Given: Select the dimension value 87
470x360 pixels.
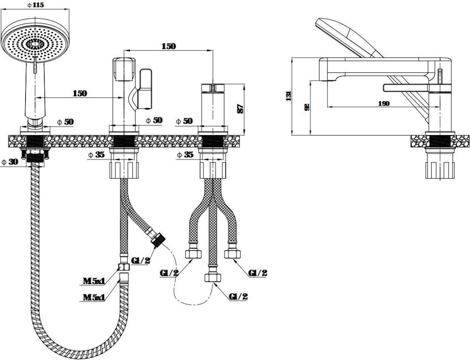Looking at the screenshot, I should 240,109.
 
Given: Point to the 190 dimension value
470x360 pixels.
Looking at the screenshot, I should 383,103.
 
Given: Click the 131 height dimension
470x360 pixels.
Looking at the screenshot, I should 288,96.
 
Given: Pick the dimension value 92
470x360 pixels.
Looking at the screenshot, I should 307,107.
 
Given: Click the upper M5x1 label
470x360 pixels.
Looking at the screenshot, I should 94,280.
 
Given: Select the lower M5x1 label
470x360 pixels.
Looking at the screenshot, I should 94,297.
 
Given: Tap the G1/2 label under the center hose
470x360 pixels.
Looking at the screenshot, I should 238,296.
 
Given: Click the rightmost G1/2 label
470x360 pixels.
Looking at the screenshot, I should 258,273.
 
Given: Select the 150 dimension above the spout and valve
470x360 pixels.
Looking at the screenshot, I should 168,46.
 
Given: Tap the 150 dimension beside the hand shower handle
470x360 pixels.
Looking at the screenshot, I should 80,93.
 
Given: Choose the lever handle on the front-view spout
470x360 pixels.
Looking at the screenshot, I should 145,89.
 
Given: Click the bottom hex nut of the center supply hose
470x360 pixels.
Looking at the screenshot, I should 212,278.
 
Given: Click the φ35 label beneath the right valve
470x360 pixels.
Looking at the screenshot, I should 185,155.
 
